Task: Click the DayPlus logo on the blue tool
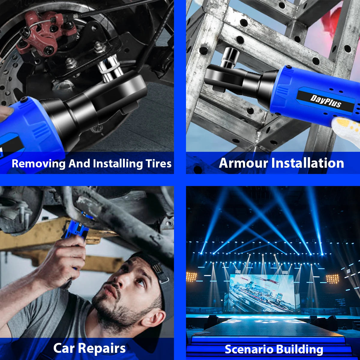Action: click(325, 101)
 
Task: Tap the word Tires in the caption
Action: click(158, 163)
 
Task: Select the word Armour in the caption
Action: click(243, 163)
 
